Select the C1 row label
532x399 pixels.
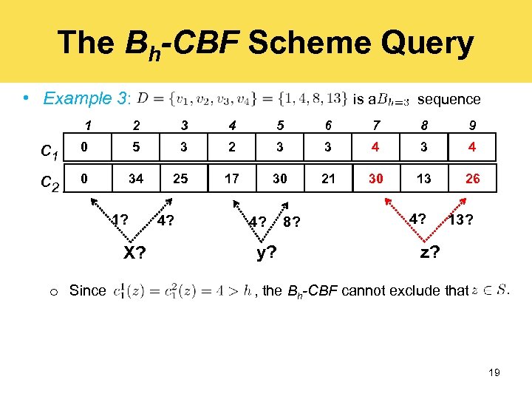pyautogui.click(x=50, y=153)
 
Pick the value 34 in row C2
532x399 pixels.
pyautogui.click(x=135, y=179)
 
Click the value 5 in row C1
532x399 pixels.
pyautogui.click(x=135, y=147)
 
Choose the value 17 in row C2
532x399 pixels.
pyautogui.click(x=232, y=179)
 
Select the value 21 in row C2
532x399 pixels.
pyautogui.click(x=327, y=179)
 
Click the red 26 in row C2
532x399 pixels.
pyautogui.click(x=472, y=179)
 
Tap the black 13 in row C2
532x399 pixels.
pyautogui.click(x=423, y=179)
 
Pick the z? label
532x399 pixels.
pyautogui.click(x=430, y=252)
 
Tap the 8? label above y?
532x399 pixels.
pyautogui.click(x=291, y=222)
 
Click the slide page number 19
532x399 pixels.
pyautogui.click(x=494, y=373)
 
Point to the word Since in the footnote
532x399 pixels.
pyautogui.click(x=87, y=290)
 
